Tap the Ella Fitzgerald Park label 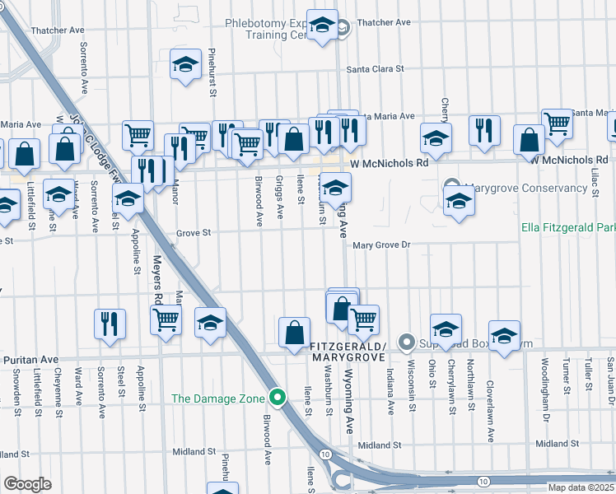click(x=568, y=227)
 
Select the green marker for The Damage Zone click(x=278, y=398)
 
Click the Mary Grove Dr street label click(x=380, y=245)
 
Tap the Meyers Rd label click(x=156, y=277)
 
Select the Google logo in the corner click(x=27, y=484)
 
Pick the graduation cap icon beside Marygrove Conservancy click(x=459, y=201)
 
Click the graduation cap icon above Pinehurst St click(x=186, y=64)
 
